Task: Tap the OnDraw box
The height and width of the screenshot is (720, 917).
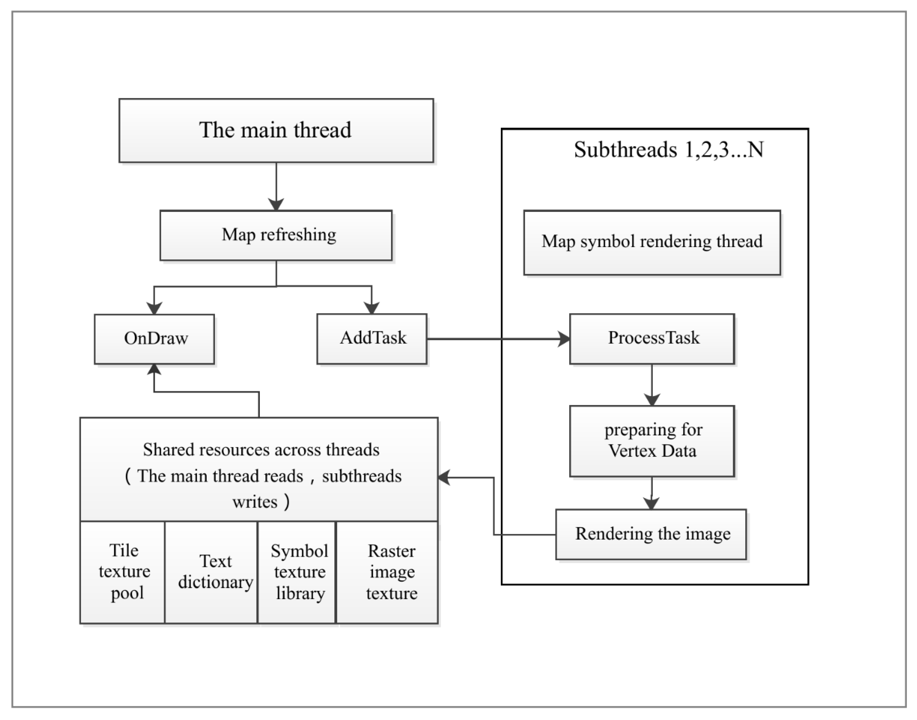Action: [x=154, y=339]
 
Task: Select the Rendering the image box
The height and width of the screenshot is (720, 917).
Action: [x=651, y=534]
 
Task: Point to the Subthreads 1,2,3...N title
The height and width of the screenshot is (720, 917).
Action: [x=669, y=150]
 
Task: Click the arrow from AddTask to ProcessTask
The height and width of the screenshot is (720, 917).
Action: [x=498, y=339]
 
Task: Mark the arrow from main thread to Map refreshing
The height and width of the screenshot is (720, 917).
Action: [x=276, y=185]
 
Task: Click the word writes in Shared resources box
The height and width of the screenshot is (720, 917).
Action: [x=255, y=502]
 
